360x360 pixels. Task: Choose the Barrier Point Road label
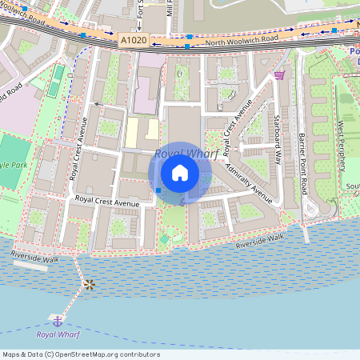click(303, 164)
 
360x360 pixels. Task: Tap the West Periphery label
click(342, 146)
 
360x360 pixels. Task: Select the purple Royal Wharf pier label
click(58, 334)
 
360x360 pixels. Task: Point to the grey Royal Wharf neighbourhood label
click(186, 154)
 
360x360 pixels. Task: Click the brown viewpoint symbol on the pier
click(89, 284)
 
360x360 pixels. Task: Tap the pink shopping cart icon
click(279, 74)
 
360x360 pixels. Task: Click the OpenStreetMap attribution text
click(81, 354)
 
